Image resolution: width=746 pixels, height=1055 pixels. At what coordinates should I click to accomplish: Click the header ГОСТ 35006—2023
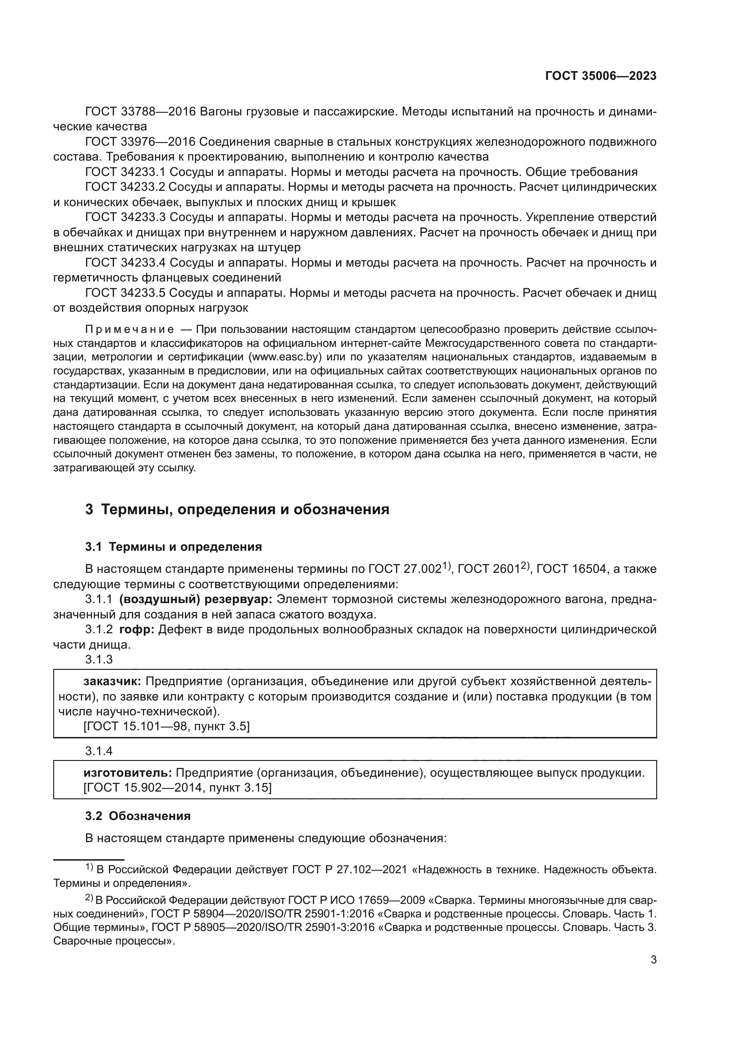[x=600, y=76]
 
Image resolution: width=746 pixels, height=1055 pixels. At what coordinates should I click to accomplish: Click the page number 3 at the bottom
[x=653, y=973]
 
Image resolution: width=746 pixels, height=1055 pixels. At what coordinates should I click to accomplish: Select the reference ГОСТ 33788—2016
[x=141, y=112]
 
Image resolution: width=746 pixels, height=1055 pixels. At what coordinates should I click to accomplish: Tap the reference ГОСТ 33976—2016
[x=141, y=142]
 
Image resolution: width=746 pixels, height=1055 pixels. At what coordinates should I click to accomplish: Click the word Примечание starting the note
[x=129, y=329]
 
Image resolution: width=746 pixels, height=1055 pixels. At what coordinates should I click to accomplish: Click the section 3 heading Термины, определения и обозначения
[x=237, y=510]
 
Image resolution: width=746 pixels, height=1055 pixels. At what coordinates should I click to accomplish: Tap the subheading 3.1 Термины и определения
[x=174, y=547]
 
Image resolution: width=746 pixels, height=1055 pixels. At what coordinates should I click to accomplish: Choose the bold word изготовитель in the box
[x=128, y=773]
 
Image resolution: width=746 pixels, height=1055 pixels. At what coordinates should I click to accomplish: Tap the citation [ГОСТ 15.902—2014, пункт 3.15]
[x=177, y=788]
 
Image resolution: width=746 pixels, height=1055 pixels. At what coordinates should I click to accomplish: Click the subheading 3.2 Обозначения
[x=138, y=816]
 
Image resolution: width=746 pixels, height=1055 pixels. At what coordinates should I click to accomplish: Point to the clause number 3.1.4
[x=99, y=751]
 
